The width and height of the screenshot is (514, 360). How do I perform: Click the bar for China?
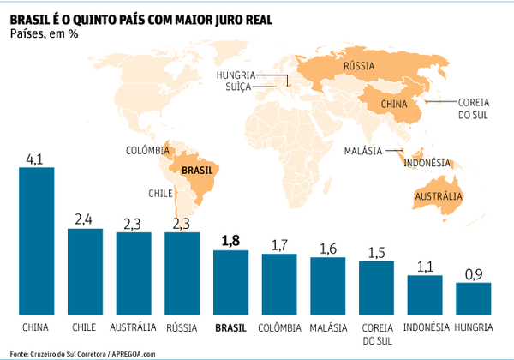click(37, 240)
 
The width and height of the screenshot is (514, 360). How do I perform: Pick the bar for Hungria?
click(473, 297)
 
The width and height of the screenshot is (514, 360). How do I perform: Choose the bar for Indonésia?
click(425, 294)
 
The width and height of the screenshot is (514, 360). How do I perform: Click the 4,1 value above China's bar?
click(36, 159)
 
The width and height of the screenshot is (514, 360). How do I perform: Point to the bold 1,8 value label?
click(230, 242)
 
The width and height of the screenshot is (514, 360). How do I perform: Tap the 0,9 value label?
click(474, 274)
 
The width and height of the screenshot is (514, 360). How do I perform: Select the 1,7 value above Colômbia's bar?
click(279, 245)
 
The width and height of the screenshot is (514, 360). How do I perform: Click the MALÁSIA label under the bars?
click(328, 327)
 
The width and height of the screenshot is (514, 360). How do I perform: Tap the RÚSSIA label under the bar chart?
click(182, 327)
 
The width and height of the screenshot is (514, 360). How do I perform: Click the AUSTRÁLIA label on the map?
click(438, 198)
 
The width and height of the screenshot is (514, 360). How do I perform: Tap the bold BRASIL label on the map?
click(199, 171)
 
